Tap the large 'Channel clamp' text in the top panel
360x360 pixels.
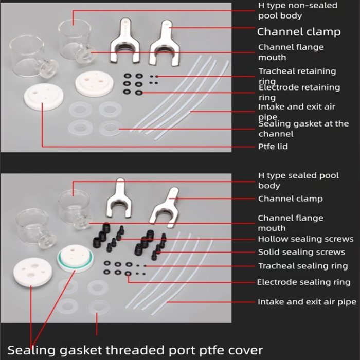click(x=298, y=32)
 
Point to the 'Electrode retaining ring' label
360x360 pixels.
click(x=299, y=92)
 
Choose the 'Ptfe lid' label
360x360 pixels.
click(x=273, y=147)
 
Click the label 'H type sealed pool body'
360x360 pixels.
click(x=298, y=180)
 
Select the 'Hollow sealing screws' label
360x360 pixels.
click(x=305, y=239)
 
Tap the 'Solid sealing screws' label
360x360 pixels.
click(x=301, y=252)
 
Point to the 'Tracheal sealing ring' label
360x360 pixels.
click(x=302, y=266)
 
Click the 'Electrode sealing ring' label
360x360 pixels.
click(x=303, y=282)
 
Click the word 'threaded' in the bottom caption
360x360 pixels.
click(x=150, y=350)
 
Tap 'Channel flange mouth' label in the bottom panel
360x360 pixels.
click(x=291, y=223)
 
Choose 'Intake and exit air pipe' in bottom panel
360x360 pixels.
click(x=307, y=302)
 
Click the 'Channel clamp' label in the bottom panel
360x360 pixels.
click(x=290, y=199)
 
